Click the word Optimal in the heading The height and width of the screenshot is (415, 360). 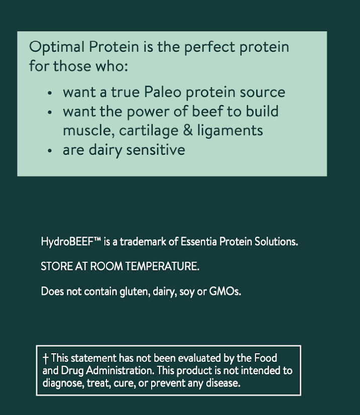click(x=57, y=47)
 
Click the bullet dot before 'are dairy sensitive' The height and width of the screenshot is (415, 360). click(x=49, y=151)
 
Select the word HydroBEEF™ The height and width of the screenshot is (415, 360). click(x=71, y=242)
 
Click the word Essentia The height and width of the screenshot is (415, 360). click(x=200, y=242)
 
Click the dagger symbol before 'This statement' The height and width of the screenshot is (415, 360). click(x=45, y=359)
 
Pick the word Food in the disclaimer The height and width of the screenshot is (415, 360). click(x=266, y=358)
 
